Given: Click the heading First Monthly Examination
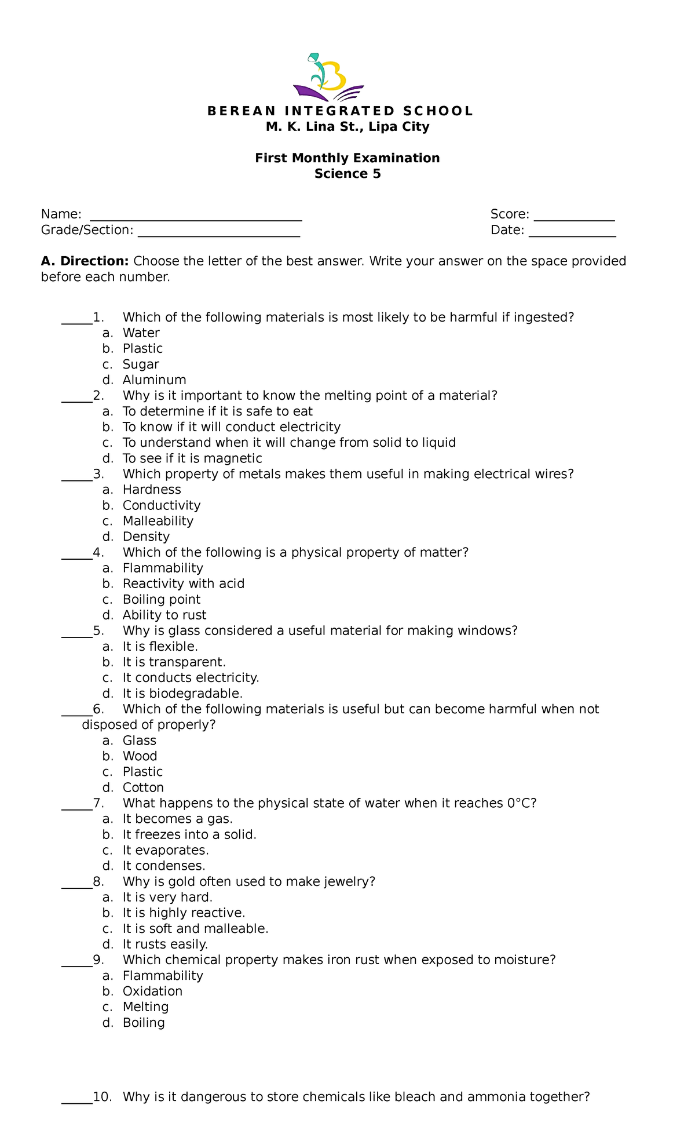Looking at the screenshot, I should point(348,158).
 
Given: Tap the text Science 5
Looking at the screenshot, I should point(348,174).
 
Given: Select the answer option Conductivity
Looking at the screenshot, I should point(162,505).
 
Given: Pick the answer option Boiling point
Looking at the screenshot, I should point(162,599).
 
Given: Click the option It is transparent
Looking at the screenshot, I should point(174,662).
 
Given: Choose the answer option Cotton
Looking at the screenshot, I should point(143,787).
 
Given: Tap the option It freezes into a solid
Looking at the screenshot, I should point(189,834).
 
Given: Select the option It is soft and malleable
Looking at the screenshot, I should point(195,928).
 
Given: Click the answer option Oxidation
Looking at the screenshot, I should point(152,991).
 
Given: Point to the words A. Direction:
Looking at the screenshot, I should point(85,261).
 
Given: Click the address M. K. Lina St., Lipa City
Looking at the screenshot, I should point(348,127).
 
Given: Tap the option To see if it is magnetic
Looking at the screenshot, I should point(192,458).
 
